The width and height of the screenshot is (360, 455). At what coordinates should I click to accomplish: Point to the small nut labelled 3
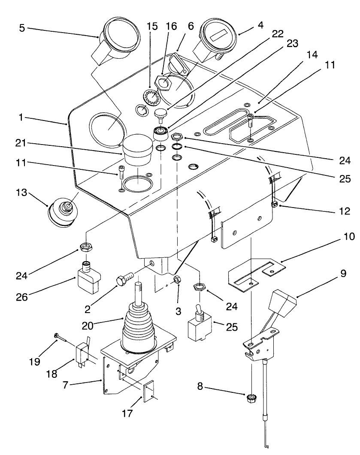click(176, 280)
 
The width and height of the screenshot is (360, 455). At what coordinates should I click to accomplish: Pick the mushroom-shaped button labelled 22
click(161, 114)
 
